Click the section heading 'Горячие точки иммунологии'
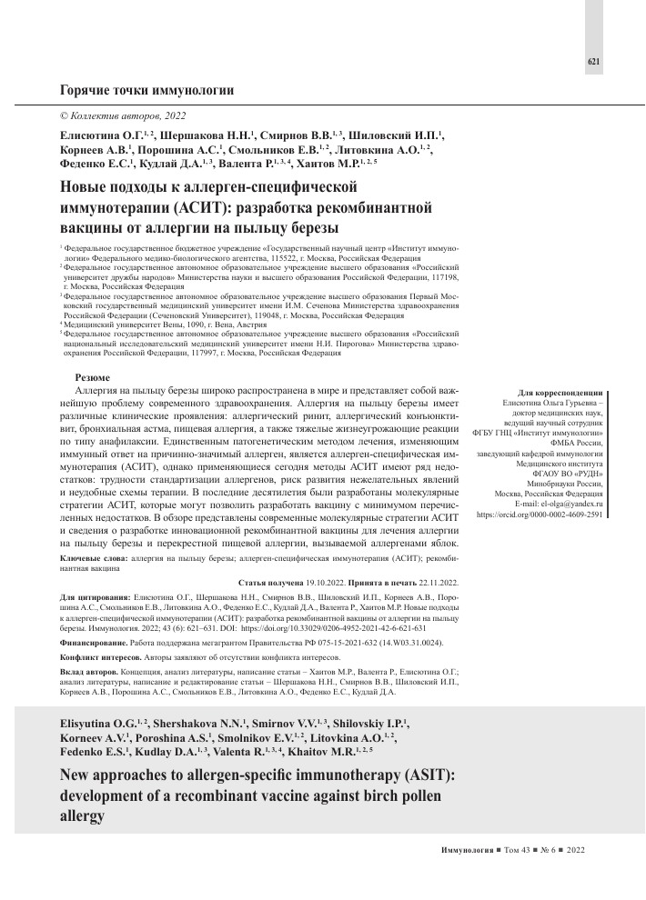coord(146,91)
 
